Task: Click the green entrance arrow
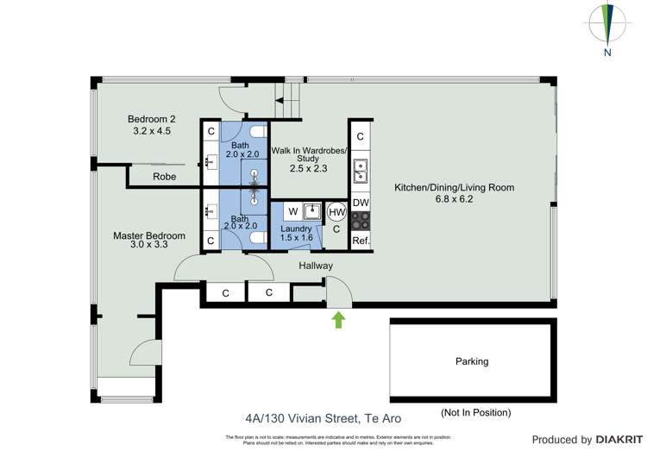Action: (338, 320)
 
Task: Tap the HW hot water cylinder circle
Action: (337, 212)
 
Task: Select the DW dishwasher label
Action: (361, 203)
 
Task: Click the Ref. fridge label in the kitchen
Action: (361, 241)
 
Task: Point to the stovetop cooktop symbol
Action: (361, 221)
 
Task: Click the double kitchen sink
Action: (361, 172)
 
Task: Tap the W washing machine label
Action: (293, 211)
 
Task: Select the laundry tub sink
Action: (312, 211)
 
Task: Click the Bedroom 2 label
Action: (152, 119)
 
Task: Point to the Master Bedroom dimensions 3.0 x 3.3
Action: (149, 244)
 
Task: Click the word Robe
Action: (164, 177)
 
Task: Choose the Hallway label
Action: (316, 266)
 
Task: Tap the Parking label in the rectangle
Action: (472, 362)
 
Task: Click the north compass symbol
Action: (607, 25)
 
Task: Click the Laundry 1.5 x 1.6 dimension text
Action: (296, 238)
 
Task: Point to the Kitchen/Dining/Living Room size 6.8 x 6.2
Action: (454, 199)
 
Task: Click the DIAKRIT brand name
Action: (619, 440)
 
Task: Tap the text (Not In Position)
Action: (475, 412)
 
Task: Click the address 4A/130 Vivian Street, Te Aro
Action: (323, 419)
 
